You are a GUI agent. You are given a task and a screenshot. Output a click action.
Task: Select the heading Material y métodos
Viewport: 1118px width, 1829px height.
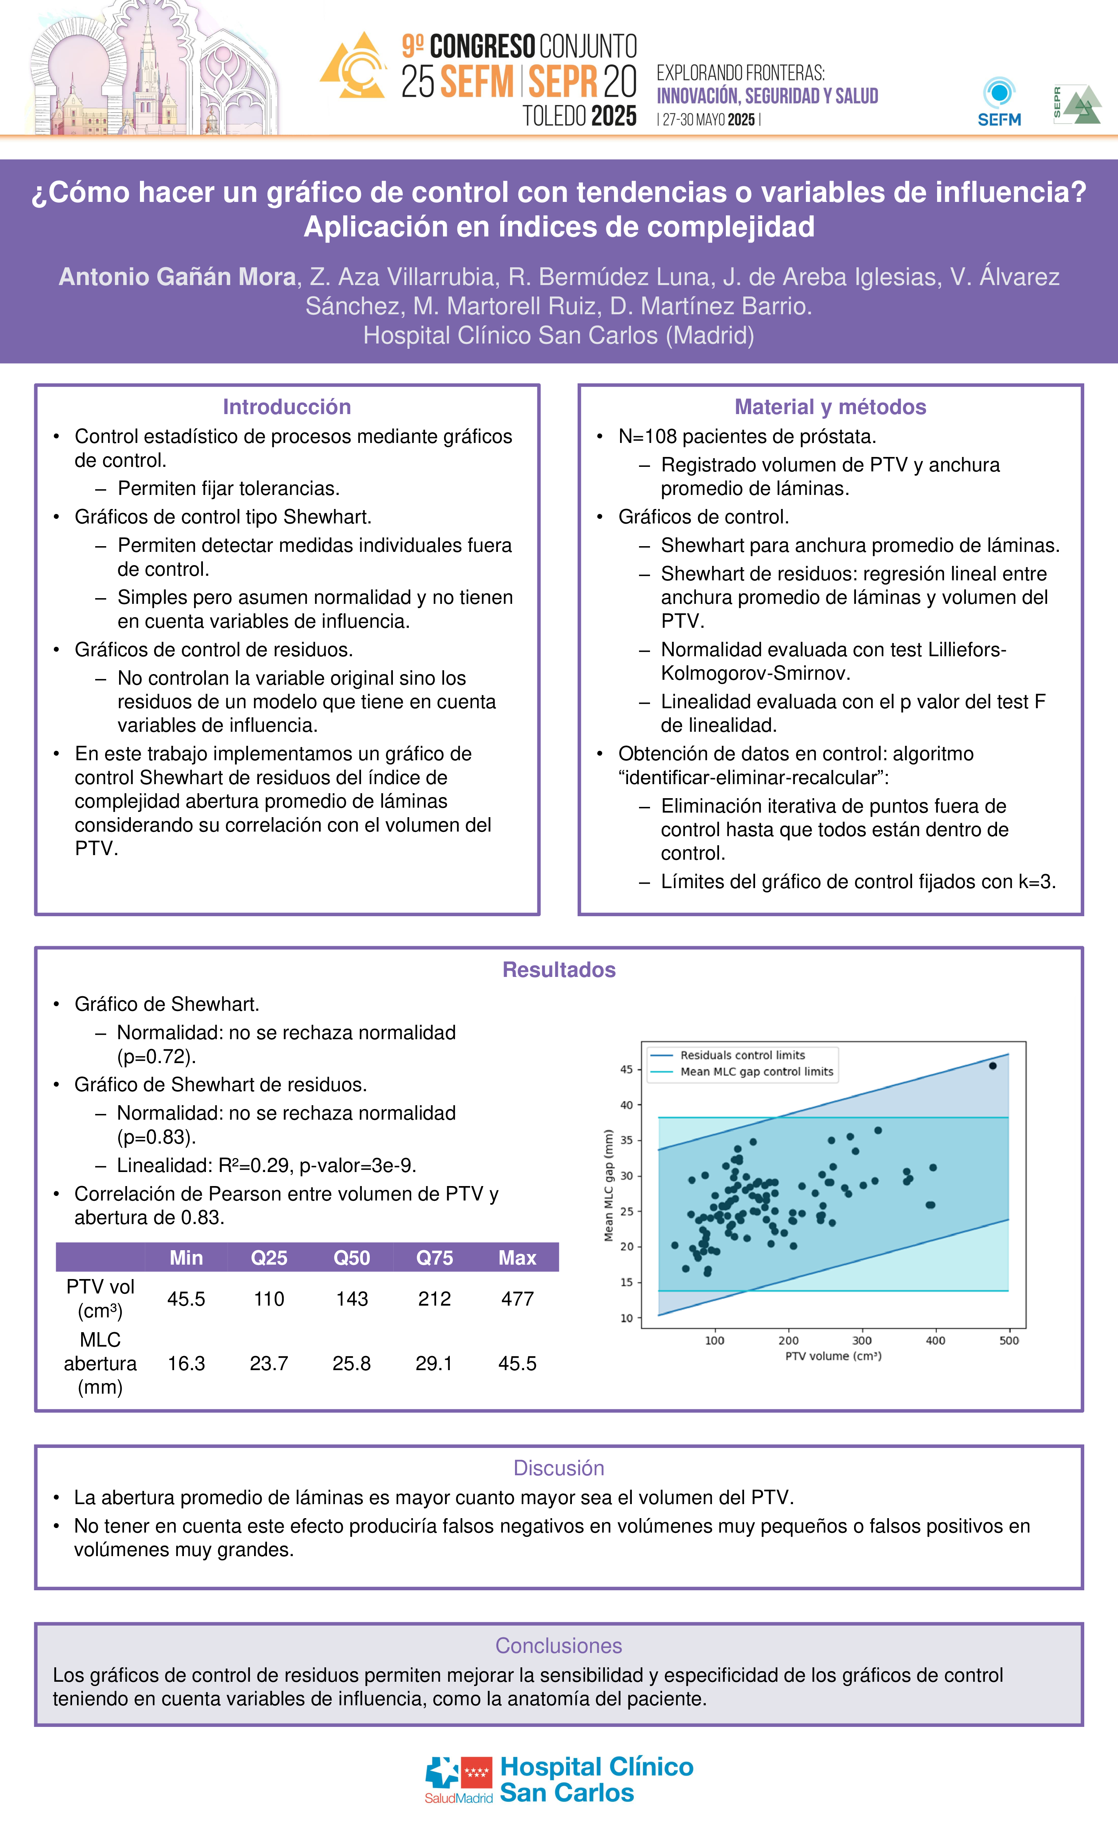pyautogui.click(x=830, y=407)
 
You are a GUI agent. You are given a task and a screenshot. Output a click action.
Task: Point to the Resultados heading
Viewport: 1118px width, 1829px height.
pyautogui.click(x=559, y=969)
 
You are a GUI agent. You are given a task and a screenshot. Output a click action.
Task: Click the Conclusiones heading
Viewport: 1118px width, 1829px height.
pyautogui.click(x=559, y=1646)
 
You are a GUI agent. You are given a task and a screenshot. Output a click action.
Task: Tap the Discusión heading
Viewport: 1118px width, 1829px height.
pyautogui.click(x=559, y=1468)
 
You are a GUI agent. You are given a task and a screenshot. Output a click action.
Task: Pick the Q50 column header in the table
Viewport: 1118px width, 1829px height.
pyautogui.click(x=352, y=1257)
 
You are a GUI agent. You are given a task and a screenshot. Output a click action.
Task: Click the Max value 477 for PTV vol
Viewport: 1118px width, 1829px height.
pyautogui.click(x=517, y=1298)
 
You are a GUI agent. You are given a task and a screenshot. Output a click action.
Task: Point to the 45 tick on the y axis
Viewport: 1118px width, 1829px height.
pyautogui.click(x=627, y=1070)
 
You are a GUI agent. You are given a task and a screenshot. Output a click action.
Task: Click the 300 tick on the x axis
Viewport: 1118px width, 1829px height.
pyautogui.click(x=861, y=1341)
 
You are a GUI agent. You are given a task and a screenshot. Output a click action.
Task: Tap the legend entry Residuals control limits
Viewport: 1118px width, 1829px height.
pyautogui.click(x=742, y=1055)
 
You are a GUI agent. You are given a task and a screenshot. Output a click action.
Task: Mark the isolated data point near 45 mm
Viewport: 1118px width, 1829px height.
pyautogui.click(x=992, y=1066)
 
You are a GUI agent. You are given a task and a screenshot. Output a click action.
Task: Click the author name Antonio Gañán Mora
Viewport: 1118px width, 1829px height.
pyautogui.click(x=177, y=277)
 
